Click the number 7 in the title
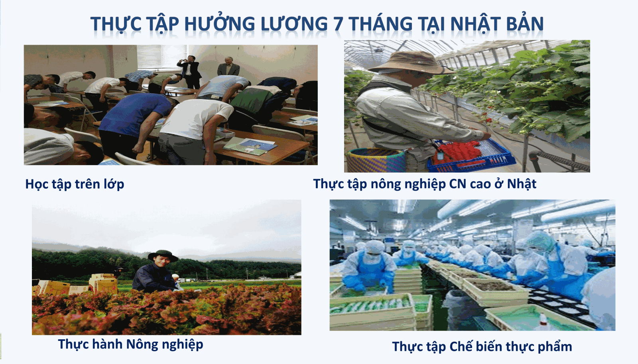pos(339,24)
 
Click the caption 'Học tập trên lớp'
pos(75,185)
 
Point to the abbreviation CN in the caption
pos(458,184)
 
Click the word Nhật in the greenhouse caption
pos(522,184)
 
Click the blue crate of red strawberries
pos(472,156)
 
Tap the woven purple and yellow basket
pos(376,160)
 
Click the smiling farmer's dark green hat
pos(163,255)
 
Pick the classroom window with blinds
pos(161,57)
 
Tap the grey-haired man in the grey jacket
pos(228,67)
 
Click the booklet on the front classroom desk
pos(250,146)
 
